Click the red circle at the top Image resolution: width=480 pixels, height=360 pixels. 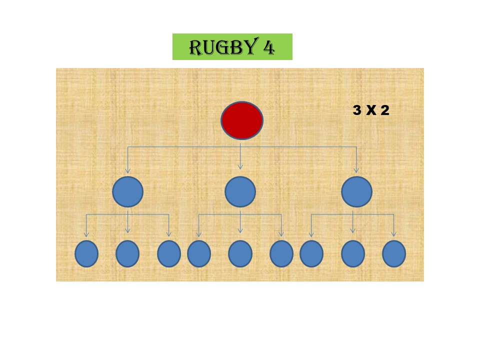(x=242, y=120)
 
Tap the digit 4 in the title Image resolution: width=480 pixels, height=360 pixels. (x=268, y=47)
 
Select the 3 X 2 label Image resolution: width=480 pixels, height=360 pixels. (x=370, y=110)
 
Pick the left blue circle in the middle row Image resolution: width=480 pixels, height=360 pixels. (x=127, y=192)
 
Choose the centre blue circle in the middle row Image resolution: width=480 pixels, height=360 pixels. (x=240, y=192)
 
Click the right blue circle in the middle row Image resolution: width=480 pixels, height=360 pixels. (x=356, y=192)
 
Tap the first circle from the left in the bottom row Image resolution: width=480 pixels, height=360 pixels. (x=86, y=253)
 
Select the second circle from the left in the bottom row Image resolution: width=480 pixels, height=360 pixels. (x=127, y=253)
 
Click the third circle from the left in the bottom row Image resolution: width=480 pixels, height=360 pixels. (x=169, y=253)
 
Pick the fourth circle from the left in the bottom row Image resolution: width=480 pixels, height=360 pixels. (x=199, y=253)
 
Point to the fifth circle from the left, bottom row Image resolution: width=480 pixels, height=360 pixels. (x=240, y=253)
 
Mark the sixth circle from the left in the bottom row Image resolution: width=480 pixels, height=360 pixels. (x=281, y=253)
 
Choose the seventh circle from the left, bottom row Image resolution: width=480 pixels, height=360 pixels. (x=311, y=253)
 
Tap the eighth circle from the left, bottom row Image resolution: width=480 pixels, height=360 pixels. (x=353, y=253)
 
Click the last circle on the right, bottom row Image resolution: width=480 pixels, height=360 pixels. (x=394, y=253)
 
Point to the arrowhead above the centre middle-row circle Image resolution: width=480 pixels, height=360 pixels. (x=240, y=167)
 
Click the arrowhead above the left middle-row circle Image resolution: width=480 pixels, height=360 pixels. (x=127, y=170)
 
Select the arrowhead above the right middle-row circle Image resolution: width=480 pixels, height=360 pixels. (x=356, y=170)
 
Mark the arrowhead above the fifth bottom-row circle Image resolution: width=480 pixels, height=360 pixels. (x=240, y=230)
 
